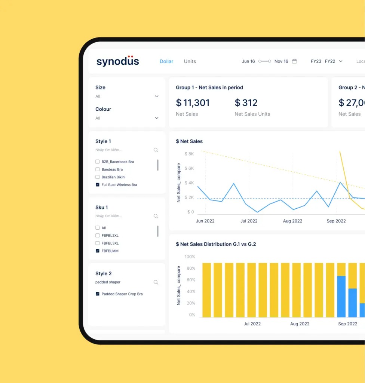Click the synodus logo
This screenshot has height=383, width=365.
point(117,61)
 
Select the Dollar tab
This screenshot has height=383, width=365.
point(166,61)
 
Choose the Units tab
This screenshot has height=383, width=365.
point(190,61)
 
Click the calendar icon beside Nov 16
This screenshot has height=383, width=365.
point(294,61)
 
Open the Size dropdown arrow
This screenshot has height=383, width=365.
point(157,96)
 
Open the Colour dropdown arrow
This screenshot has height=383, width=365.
point(157,118)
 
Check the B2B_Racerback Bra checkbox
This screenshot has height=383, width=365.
point(98,162)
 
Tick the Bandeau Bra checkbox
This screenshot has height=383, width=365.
point(98,169)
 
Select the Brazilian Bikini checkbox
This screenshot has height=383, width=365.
point(98,177)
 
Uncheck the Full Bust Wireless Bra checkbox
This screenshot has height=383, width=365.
point(98,185)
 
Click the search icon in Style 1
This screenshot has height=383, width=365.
point(156,150)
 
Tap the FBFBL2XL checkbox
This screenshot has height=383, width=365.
point(98,236)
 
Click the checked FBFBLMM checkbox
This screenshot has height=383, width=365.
point(98,251)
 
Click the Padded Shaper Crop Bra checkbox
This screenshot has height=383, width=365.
point(98,294)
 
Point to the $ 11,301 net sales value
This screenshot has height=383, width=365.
point(193,103)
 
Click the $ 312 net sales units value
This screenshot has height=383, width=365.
point(246,103)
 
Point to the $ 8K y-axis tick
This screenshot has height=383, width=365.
point(189,154)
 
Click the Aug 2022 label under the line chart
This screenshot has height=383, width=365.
point(292,221)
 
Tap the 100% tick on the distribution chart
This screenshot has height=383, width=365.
point(190,257)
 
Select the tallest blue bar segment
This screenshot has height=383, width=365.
point(341,296)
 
